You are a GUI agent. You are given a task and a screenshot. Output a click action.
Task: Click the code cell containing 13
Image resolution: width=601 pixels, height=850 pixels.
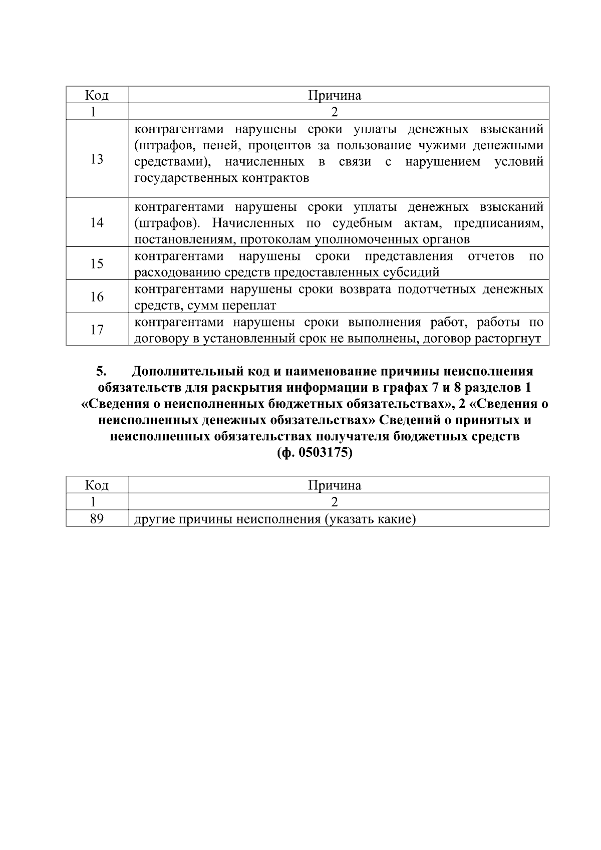[97, 159]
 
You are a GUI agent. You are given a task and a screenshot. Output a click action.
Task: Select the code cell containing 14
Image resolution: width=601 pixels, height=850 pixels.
[97, 222]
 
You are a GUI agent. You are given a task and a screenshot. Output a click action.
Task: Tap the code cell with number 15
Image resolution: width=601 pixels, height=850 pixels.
[97, 263]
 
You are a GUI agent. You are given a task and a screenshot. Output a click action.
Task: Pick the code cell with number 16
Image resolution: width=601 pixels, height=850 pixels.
[97, 297]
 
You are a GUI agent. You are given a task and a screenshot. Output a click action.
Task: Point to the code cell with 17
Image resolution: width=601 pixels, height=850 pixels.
[97, 330]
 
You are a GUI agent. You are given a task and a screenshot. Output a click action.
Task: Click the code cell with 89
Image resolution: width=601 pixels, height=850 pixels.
[97, 519]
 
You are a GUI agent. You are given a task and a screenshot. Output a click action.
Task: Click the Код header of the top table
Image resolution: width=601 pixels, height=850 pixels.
[97, 95]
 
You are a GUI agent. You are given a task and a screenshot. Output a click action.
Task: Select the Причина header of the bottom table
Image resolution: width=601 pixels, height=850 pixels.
[335, 485]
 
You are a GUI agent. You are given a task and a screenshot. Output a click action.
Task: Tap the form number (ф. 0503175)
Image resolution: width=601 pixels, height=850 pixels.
[315, 453]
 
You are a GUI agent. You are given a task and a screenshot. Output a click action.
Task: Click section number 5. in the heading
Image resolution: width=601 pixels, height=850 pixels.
[102, 372]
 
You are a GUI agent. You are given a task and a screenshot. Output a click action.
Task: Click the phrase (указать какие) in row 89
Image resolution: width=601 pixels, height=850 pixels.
[370, 519]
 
